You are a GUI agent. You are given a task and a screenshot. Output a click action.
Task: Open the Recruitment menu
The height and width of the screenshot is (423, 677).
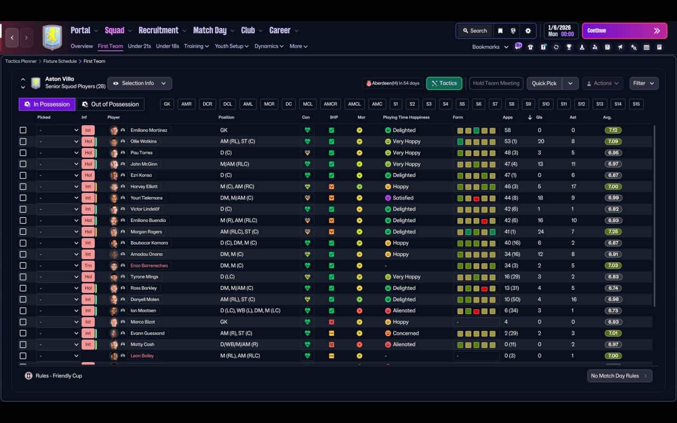pos(159,31)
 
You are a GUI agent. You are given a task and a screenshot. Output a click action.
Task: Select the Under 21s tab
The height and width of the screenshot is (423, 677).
pos(139,46)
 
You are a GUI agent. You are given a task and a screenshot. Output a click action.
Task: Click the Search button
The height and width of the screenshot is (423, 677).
pos(474,31)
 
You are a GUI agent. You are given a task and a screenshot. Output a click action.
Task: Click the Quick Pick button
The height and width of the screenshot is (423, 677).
pos(544,83)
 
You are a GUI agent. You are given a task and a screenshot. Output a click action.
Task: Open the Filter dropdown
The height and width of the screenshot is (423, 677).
pos(644,83)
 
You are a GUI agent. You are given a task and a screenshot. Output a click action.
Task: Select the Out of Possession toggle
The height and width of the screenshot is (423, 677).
pos(110,104)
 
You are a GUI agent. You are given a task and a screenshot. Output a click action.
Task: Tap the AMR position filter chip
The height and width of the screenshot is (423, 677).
pos(186,104)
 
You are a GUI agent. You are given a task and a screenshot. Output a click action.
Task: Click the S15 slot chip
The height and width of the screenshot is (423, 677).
pos(636,104)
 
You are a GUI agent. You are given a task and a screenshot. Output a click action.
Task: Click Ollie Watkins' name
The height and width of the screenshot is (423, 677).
pos(143,142)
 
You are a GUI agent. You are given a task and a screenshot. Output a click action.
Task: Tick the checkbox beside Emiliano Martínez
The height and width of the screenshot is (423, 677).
pos(23,130)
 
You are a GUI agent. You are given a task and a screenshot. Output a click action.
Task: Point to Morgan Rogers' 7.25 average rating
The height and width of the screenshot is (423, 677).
pos(614,232)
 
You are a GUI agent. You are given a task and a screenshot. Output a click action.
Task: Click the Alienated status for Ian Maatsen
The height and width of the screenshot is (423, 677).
pos(404,311)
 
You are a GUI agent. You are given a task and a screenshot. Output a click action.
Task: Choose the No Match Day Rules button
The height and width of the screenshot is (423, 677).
pos(619,376)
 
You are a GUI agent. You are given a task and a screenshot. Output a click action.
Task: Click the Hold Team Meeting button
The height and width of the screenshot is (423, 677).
pos(496,83)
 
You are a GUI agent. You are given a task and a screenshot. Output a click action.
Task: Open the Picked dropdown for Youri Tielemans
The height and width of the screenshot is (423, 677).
pos(58,198)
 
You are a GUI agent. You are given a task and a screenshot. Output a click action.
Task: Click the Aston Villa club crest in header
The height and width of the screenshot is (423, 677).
pos(52,37)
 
